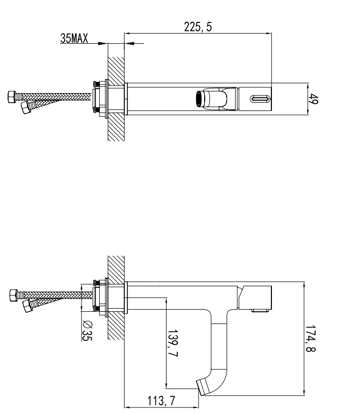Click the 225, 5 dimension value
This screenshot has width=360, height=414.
click(x=198, y=27)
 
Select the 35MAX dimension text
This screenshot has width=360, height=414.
click(x=75, y=39)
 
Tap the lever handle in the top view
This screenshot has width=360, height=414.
click(x=214, y=99)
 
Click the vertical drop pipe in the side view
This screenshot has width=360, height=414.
click(x=219, y=346)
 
